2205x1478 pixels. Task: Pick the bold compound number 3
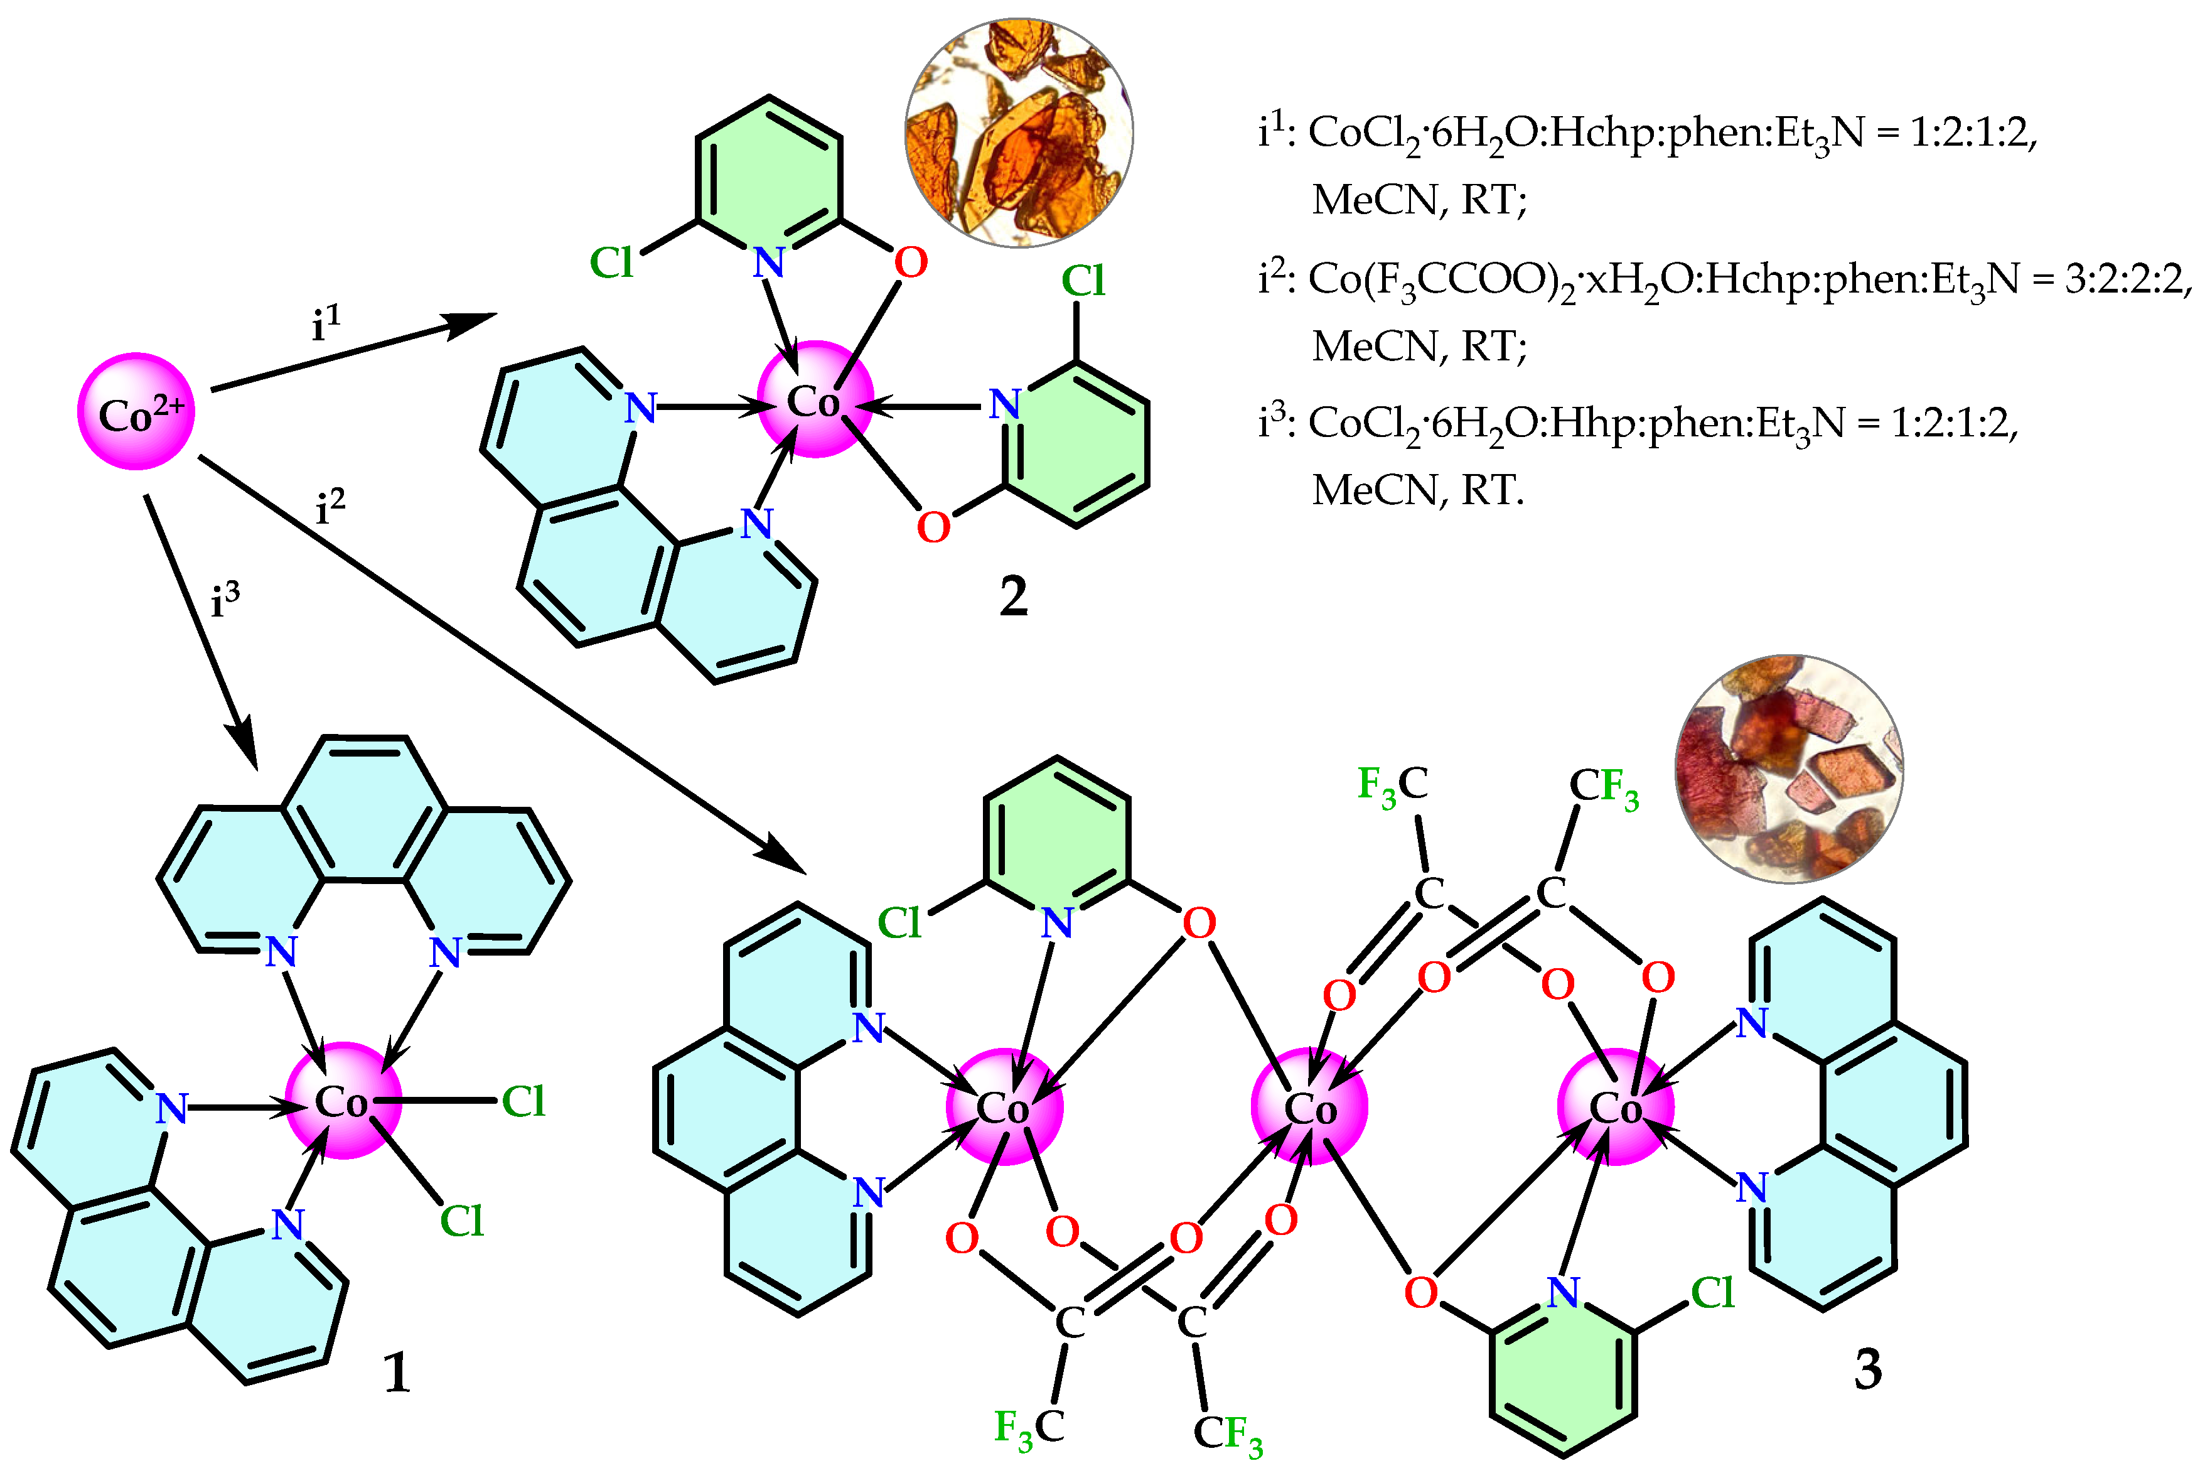tap(1868, 1369)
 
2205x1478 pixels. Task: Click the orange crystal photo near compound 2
tap(1019, 133)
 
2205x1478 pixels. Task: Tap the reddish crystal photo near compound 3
tap(1788, 769)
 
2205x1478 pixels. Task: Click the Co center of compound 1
tap(343, 1101)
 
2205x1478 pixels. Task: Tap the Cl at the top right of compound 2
tap(1083, 280)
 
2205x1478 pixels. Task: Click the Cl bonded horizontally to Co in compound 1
tap(523, 1101)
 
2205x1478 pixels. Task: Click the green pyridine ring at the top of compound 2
tap(769, 173)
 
